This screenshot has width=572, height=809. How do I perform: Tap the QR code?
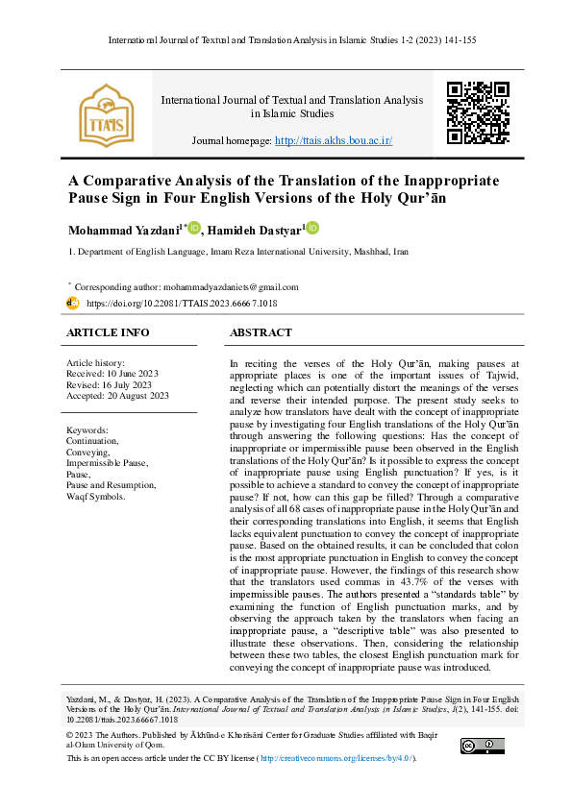[x=478, y=112]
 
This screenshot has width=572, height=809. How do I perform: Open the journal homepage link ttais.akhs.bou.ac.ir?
[x=334, y=140]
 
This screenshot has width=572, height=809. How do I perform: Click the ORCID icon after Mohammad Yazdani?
[x=194, y=229]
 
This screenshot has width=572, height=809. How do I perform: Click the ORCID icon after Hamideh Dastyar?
[x=311, y=229]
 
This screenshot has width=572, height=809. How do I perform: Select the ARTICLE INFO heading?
[x=108, y=332]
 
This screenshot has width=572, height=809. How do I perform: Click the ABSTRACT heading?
[x=261, y=332]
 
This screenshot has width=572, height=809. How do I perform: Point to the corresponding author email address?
[x=217, y=286]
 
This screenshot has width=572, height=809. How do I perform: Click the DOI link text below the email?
[x=182, y=303]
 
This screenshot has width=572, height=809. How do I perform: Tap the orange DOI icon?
[x=72, y=303]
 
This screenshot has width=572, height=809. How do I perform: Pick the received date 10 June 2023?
[x=124, y=372]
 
